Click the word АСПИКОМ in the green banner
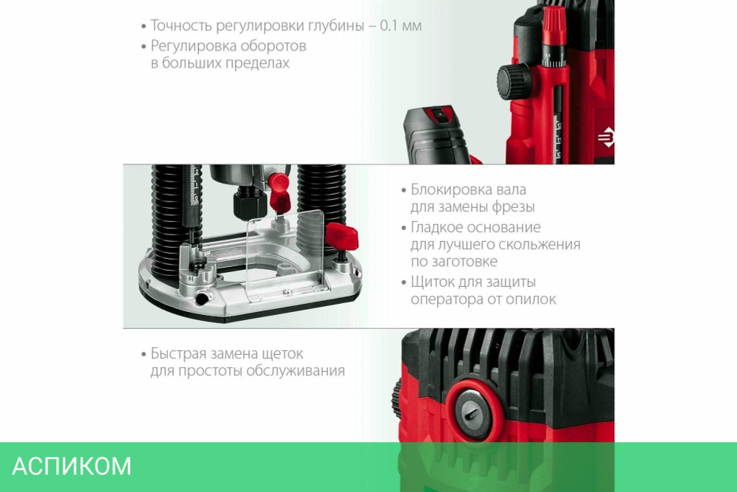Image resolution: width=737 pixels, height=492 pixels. [x=71, y=466]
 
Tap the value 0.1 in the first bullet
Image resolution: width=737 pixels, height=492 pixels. [x=388, y=25]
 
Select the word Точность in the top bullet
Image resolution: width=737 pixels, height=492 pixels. [x=181, y=25]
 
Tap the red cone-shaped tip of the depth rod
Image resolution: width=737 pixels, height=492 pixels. [x=553, y=23]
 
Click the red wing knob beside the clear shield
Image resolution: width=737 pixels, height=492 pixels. [x=342, y=237]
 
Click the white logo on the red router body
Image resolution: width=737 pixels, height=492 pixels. [x=606, y=137]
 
